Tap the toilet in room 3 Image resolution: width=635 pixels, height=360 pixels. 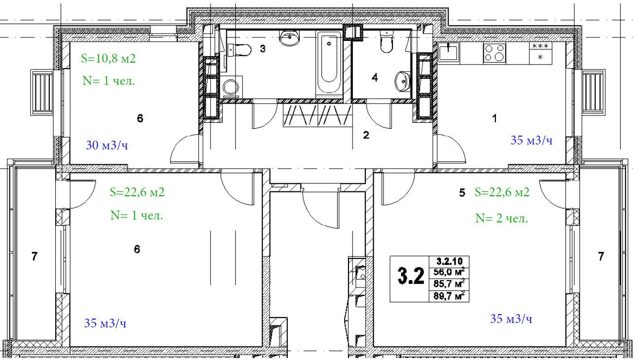[240, 50]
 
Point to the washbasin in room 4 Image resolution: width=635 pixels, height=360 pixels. [402, 82]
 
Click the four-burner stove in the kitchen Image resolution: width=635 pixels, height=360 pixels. [494, 53]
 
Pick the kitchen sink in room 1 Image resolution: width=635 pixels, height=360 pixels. [449, 52]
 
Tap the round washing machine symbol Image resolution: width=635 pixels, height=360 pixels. [231, 87]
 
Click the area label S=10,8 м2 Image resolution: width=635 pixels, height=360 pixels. [108, 58]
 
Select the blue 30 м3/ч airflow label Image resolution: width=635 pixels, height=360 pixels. [107, 145]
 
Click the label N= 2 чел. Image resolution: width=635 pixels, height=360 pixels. [501, 218]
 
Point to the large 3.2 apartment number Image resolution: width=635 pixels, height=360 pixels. [411, 276]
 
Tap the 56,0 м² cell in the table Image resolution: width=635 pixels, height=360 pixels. [449, 272]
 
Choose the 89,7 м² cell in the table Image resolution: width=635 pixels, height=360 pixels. [449, 296]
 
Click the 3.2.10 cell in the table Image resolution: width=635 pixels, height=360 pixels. [449, 261]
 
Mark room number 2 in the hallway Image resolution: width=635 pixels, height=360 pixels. [366, 135]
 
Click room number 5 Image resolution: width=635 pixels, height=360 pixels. [462, 193]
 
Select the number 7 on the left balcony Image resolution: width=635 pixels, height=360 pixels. [35, 256]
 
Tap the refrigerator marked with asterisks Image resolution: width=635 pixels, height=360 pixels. [541, 53]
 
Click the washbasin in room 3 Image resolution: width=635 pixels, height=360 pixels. [289, 38]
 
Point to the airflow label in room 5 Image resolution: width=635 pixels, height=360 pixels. [511, 319]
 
